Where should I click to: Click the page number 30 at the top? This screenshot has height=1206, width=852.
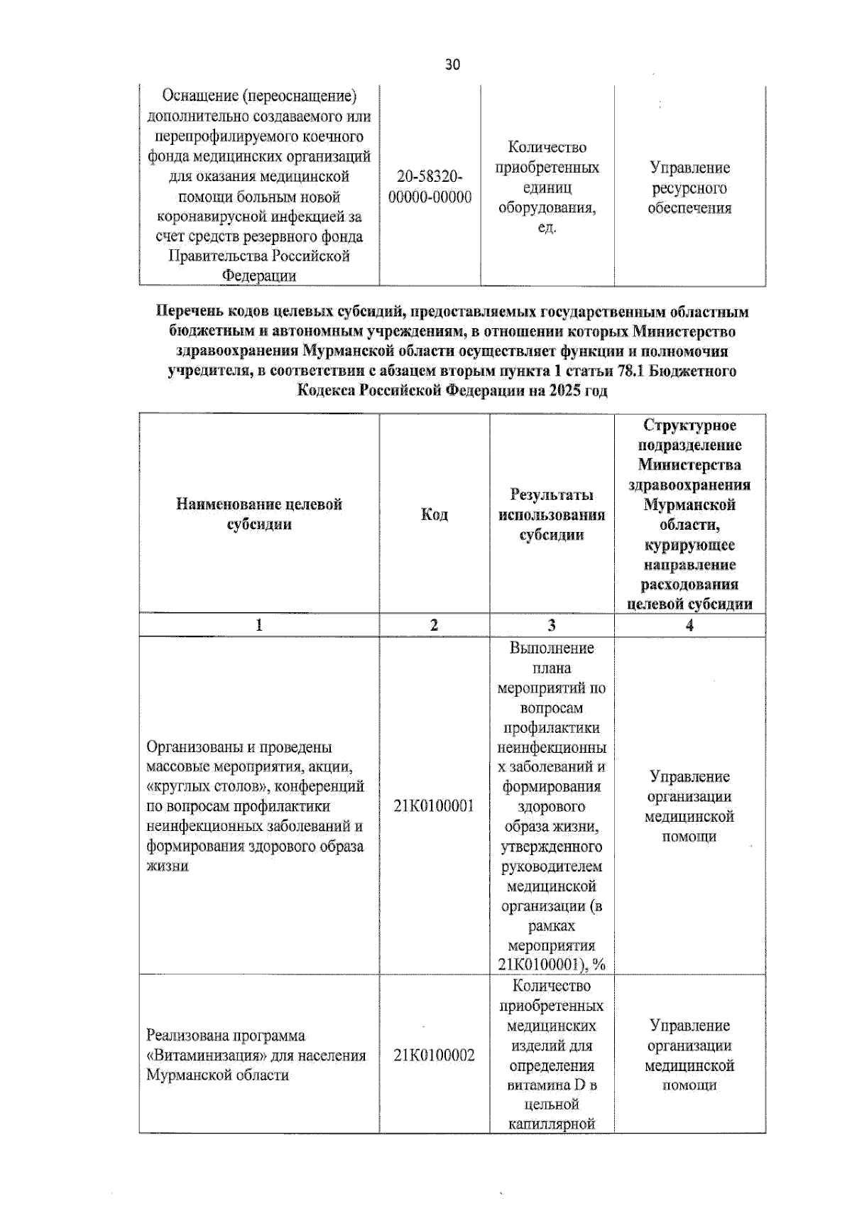[452, 65]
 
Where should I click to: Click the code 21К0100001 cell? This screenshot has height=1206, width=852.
[434, 806]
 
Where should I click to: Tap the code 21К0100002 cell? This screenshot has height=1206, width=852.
[434, 1055]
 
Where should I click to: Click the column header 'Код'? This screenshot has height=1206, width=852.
[434, 514]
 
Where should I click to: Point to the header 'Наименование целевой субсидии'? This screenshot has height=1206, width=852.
[259, 514]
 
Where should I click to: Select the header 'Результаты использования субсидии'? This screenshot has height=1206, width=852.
[552, 514]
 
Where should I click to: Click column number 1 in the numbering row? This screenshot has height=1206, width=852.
[259, 625]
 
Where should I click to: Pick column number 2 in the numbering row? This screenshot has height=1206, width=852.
[434, 625]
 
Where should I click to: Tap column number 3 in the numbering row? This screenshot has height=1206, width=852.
[552, 625]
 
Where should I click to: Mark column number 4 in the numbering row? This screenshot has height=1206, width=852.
[689, 625]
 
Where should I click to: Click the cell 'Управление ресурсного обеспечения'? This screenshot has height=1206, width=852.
[689, 188]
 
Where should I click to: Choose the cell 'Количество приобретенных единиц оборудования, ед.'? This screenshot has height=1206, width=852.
[547, 188]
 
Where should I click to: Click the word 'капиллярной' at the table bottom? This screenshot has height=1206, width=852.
[552, 1124]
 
